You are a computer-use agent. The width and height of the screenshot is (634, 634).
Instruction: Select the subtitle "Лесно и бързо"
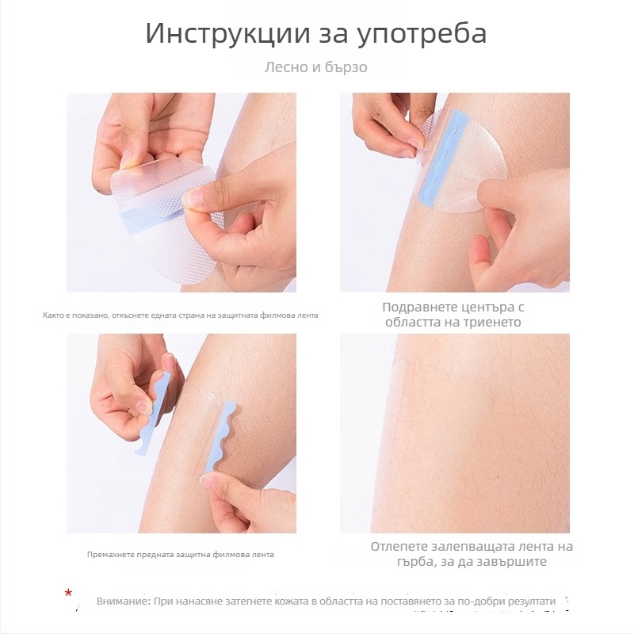click(x=316, y=67)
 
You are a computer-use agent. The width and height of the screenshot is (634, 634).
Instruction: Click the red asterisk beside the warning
click(x=69, y=592)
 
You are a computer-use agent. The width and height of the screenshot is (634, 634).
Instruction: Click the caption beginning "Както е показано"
click(x=181, y=315)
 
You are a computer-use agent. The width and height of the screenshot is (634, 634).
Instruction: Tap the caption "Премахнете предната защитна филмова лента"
click(x=181, y=554)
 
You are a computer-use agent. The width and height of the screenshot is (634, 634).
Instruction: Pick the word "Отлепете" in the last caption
click(x=404, y=547)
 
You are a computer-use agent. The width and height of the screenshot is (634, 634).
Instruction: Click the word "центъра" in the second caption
click(x=489, y=307)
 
